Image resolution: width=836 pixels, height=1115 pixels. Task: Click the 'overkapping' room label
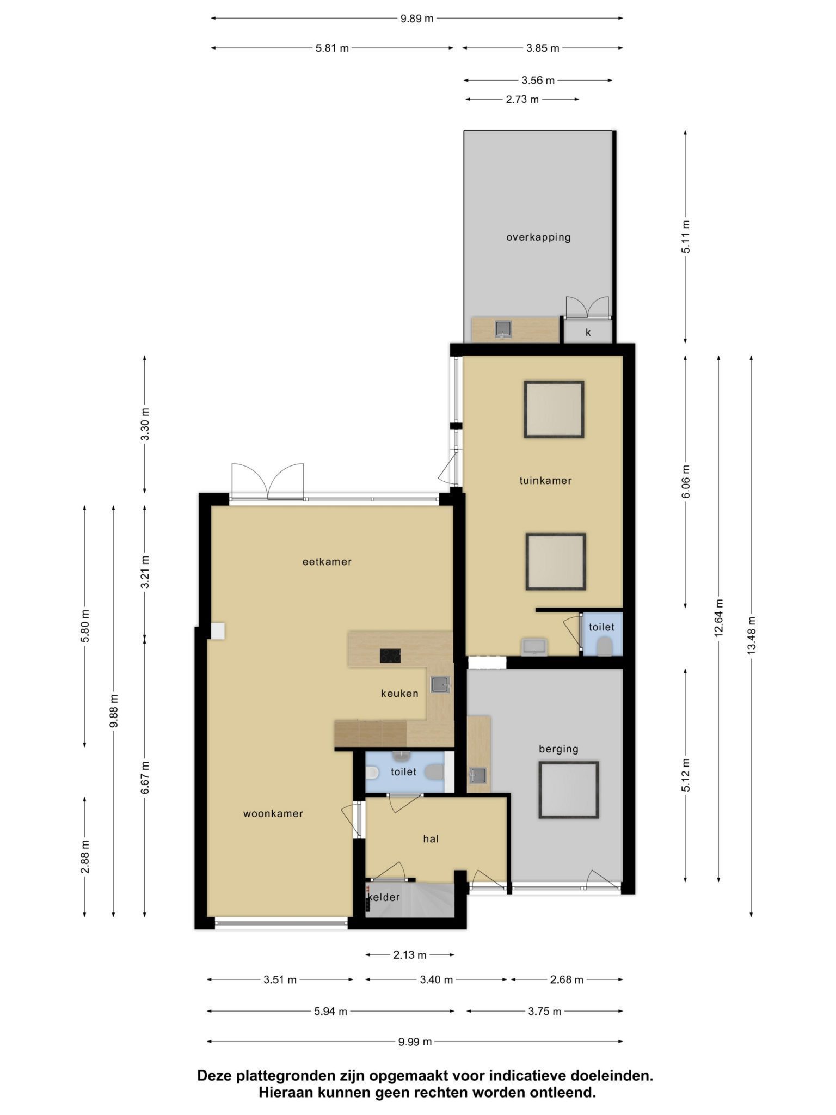pyautogui.click(x=538, y=237)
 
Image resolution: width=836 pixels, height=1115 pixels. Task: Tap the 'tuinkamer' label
pyautogui.click(x=545, y=481)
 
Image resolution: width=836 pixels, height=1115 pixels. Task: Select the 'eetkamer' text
pyautogui.click(x=327, y=562)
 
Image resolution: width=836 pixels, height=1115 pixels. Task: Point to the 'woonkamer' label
pyautogui.click(x=273, y=814)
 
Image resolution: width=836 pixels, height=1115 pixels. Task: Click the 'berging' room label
pyautogui.click(x=558, y=749)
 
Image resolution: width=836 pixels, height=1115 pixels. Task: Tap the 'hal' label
pyautogui.click(x=431, y=839)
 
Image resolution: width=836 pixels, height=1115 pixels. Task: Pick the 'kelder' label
pyautogui.click(x=384, y=897)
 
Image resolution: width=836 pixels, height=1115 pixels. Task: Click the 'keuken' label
pyautogui.click(x=399, y=694)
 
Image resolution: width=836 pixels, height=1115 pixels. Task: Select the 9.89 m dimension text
pyautogui.click(x=417, y=19)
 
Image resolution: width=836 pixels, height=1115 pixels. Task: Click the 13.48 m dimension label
pyautogui.click(x=751, y=636)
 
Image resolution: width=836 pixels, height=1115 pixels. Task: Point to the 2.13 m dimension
pyautogui.click(x=410, y=954)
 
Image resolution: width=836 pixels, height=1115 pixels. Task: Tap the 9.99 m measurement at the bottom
pyautogui.click(x=415, y=1042)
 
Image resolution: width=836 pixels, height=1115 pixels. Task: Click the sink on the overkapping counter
pyautogui.click(x=503, y=329)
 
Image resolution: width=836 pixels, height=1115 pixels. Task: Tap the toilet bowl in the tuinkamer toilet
pyautogui.click(x=603, y=647)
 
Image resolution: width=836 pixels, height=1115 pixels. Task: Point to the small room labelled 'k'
pyautogui.click(x=588, y=332)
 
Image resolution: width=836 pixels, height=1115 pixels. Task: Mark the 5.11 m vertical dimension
pyautogui.click(x=685, y=237)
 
